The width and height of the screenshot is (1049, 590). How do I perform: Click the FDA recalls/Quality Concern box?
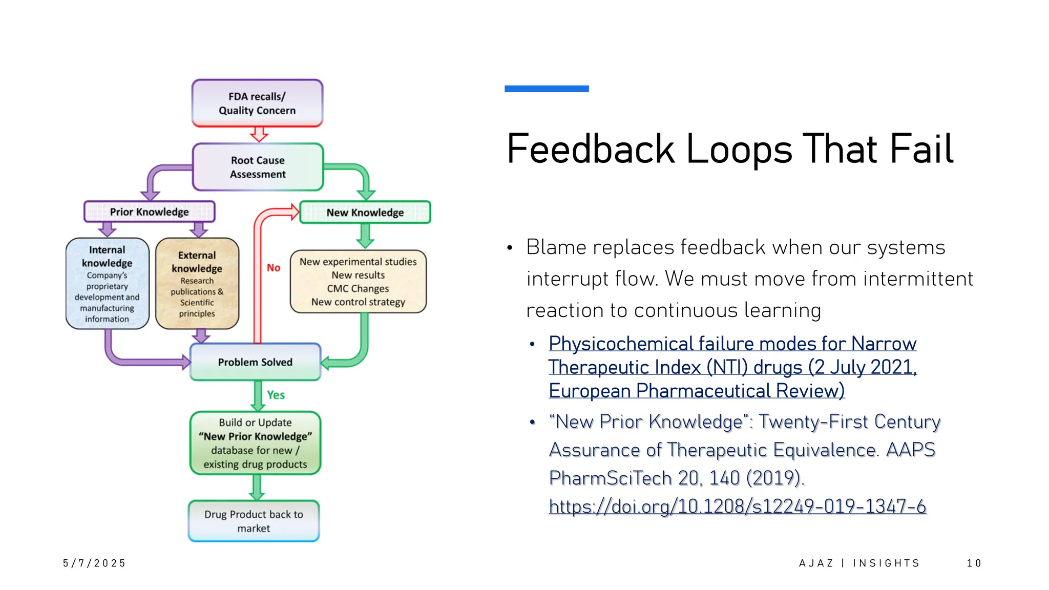257,103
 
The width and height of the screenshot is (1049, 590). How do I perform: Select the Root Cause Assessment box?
258,167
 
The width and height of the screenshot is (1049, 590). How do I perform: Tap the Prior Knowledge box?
149,212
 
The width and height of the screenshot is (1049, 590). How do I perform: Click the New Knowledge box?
365,212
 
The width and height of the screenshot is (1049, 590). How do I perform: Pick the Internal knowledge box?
107,283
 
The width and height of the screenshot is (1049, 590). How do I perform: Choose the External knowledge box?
197,283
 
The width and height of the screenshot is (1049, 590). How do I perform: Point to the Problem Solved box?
255,362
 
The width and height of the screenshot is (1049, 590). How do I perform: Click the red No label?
274,267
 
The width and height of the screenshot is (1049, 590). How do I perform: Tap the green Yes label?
276,395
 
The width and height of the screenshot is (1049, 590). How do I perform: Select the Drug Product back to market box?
254,521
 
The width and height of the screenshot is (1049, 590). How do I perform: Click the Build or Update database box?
255,443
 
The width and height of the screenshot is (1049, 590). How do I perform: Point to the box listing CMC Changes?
358,282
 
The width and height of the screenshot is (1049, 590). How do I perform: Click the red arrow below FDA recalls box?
259,134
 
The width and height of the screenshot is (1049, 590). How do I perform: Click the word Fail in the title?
921,149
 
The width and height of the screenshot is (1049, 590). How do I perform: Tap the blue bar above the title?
547,89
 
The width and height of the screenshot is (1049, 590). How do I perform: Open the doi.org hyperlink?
737,506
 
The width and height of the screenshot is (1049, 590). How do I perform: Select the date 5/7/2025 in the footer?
94,563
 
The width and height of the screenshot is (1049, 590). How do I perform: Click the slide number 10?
974,563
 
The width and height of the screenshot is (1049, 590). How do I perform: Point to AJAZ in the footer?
816,563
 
